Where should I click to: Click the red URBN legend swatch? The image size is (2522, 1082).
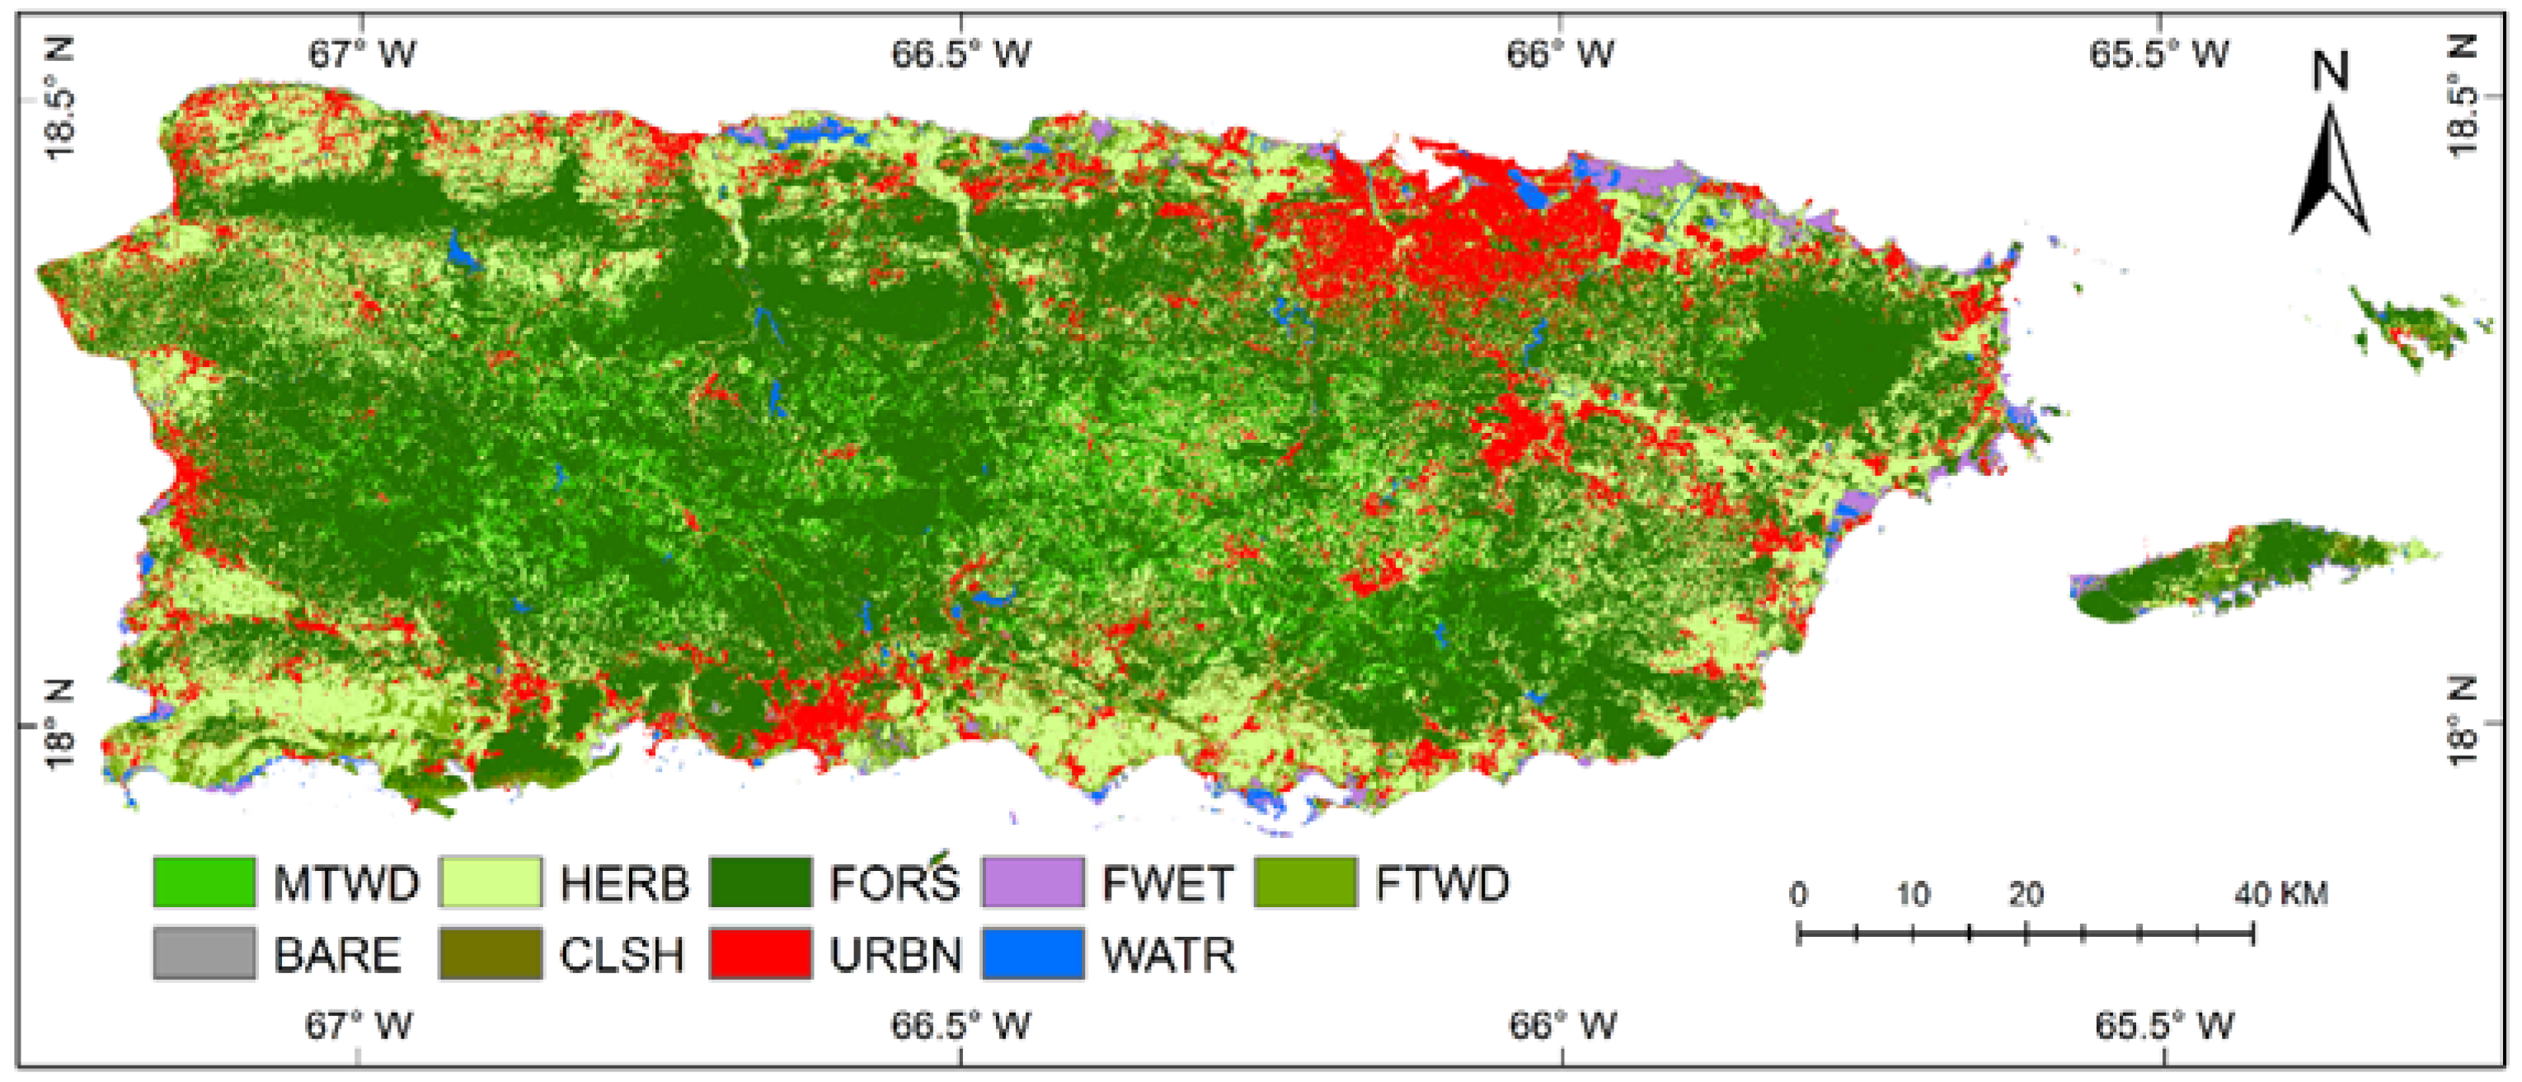coord(761,953)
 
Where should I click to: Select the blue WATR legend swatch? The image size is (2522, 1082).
coord(1033,953)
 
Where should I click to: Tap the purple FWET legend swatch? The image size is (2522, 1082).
coord(1033,882)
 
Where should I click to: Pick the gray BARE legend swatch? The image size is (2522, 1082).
coord(204,953)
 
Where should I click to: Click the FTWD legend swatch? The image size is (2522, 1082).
coord(1305,882)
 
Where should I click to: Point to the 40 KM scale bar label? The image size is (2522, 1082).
coord(2280,894)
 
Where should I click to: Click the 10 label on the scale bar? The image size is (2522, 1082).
coord(1912,894)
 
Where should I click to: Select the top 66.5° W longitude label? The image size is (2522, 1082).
coord(960,54)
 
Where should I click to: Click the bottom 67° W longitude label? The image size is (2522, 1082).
coord(359,1025)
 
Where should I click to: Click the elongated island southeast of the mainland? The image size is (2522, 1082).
coord(2242,573)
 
